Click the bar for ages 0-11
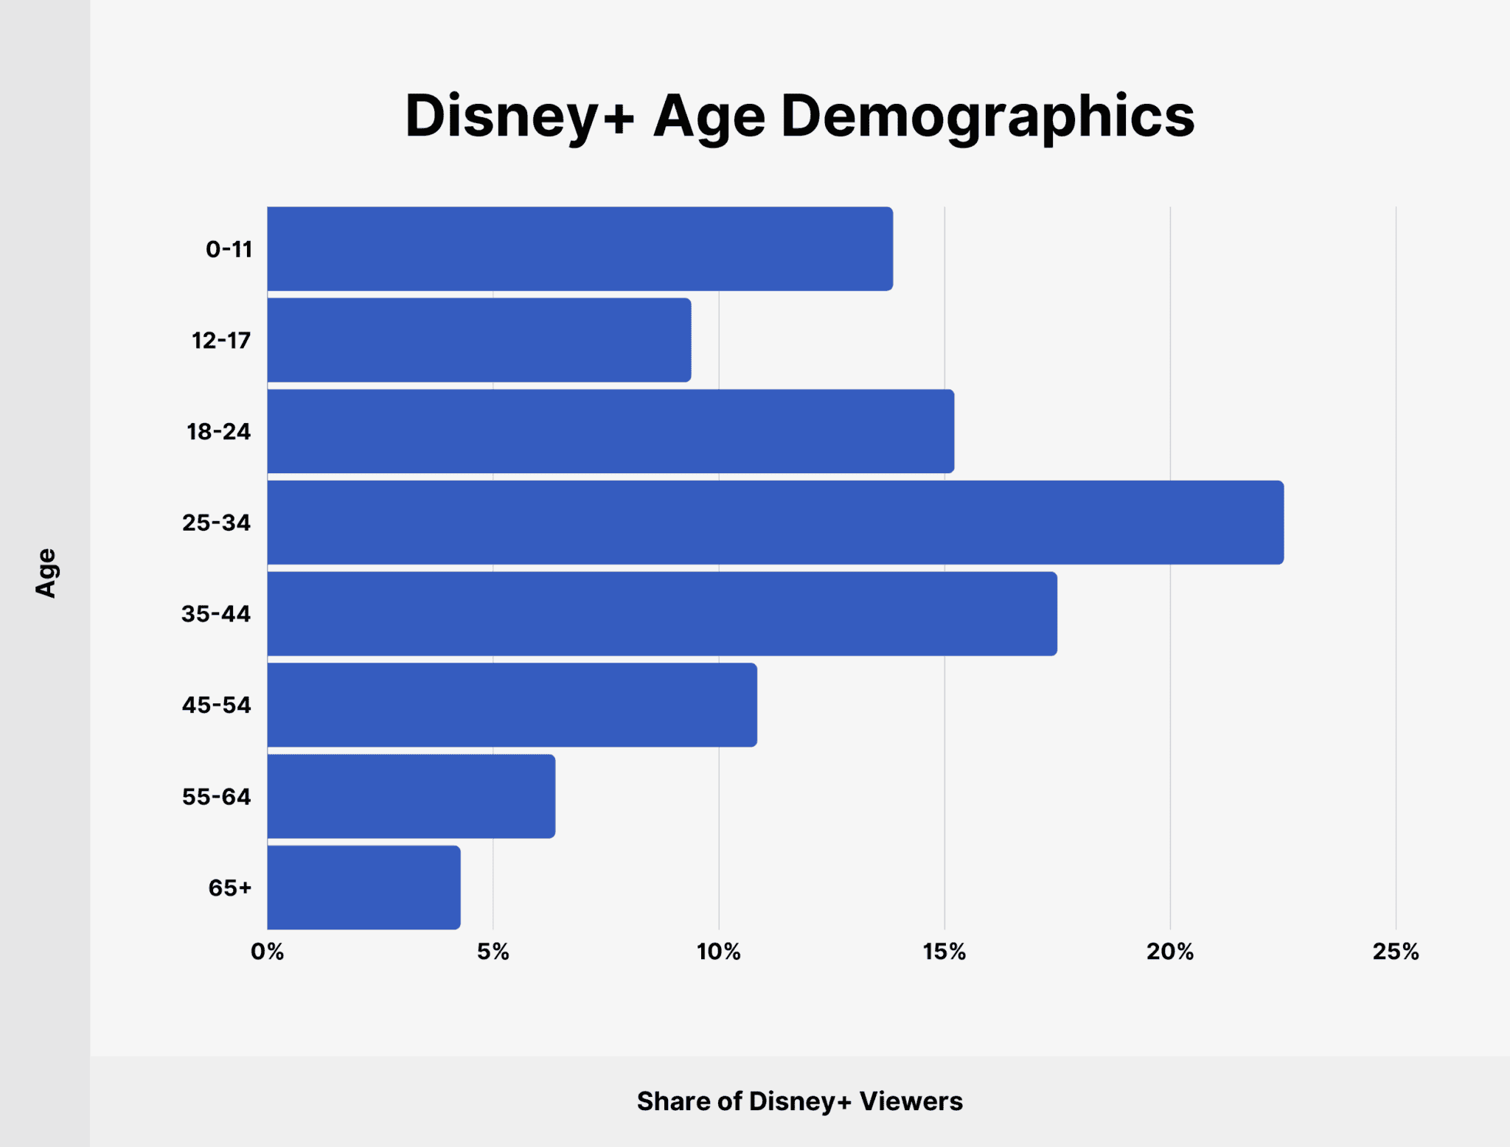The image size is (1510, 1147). (580, 248)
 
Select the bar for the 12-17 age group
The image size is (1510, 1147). (479, 340)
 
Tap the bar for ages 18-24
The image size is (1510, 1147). (610, 431)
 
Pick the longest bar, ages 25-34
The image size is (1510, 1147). (775, 523)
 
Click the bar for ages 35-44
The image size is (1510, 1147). (662, 613)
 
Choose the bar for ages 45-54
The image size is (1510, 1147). (512, 705)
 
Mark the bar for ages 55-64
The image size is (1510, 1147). (411, 796)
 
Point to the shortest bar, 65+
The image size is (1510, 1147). (363, 888)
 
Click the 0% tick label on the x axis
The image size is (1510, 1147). (267, 952)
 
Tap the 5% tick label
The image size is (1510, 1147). (493, 952)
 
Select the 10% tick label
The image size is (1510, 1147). (718, 952)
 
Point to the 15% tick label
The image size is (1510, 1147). (944, 952)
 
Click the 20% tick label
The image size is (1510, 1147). (1169, 952)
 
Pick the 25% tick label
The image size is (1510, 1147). (1395, 952)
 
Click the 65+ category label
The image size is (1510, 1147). (230, 888)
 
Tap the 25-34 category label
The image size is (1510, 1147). (217, 523)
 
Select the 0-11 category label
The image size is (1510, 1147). (229, 249)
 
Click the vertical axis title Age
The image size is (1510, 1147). (46, 573)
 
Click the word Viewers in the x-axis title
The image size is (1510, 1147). (911, 1101)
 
